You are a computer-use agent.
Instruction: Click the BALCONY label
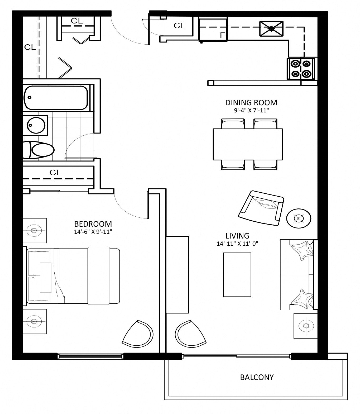(257, 377)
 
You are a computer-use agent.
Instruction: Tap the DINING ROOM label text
(251, 102)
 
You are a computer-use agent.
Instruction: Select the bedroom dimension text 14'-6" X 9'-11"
(93, 232)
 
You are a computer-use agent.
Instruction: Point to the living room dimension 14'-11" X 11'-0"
(237, 244)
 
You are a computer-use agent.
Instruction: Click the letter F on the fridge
(222, 35)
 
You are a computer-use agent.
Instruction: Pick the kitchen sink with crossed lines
(271, 28)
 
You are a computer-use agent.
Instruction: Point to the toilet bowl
(42, 150)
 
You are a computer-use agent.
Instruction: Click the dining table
(248, 144)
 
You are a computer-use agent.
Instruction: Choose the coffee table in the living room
(237, 275)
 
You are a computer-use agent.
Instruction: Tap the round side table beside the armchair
(299, 218)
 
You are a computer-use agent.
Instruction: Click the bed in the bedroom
(73, 276)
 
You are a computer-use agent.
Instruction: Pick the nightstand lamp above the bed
(34, 231)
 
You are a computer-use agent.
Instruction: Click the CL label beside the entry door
(180, 25)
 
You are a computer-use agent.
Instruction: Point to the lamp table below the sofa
(306, 326)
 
